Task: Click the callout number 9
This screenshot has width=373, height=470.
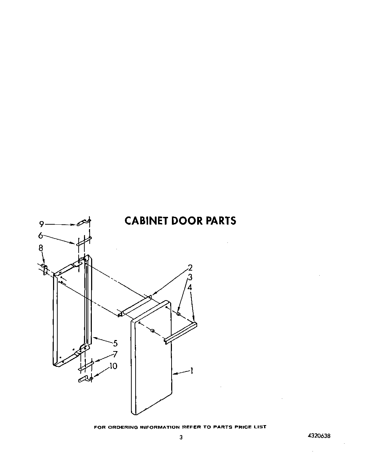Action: coord(42,224)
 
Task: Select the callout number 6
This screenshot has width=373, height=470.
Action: coord(41,235)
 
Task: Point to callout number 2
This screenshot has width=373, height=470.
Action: coord(190,268)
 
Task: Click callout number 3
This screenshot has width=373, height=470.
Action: coord(190,277)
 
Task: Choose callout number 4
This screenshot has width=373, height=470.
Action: coord(190,287)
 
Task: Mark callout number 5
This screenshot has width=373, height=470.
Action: coord(115,343)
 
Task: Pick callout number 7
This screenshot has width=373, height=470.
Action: coord(115,354)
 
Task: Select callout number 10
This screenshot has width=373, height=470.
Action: coord(114,366)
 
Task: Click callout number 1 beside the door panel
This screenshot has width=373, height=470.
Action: coord(191,371)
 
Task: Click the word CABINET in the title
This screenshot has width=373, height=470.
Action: coord(146,221)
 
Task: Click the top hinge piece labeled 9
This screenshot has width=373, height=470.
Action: coord(83,223)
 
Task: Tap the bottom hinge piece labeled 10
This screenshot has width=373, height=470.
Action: coord(84,379)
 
